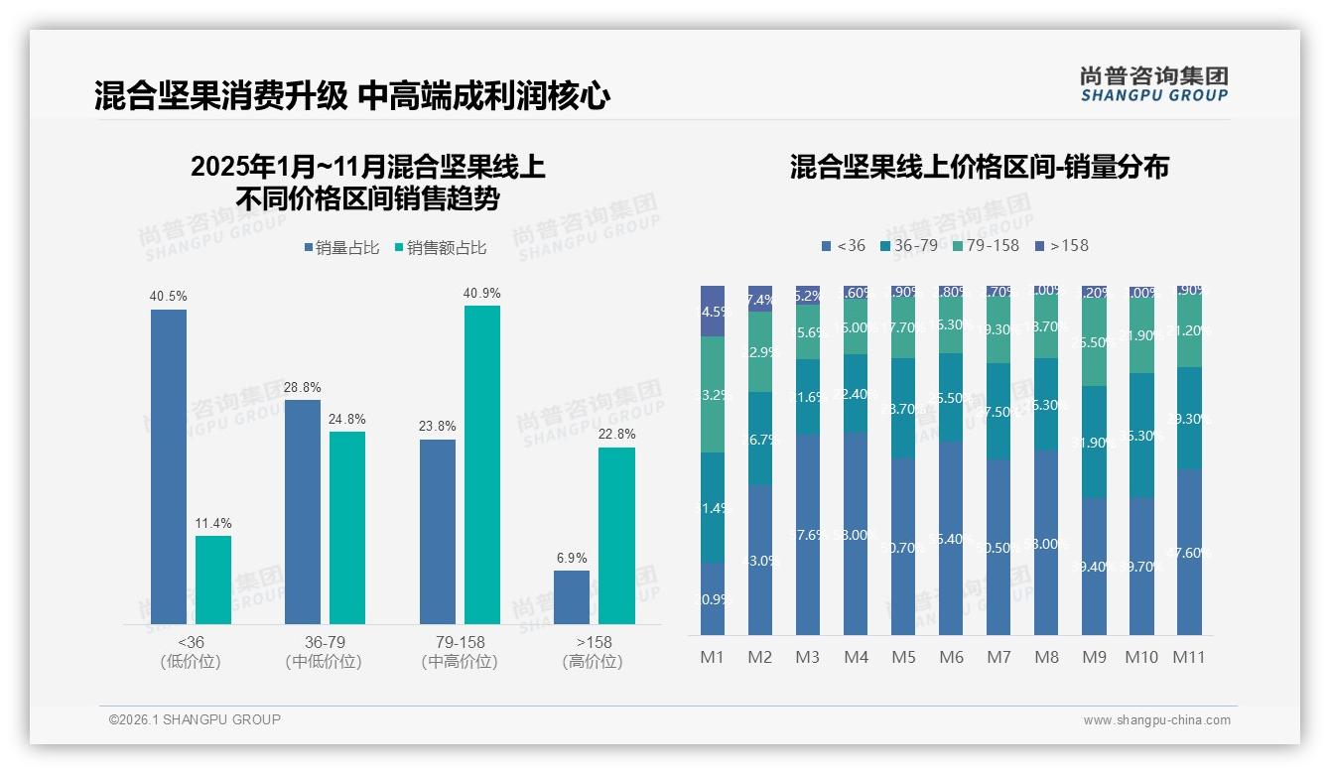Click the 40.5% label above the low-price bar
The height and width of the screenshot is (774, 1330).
[169, 296]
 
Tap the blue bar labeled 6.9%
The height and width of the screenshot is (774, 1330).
[572, 597]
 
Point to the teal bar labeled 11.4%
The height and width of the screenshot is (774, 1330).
[213, 580]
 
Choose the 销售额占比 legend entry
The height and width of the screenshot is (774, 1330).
[441, 248]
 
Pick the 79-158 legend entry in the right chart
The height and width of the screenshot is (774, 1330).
[985, 245]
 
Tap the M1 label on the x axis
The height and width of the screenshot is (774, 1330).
[713, 657]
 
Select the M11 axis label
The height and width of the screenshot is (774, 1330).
[1188, 657]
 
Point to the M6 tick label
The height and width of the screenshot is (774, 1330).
[951, 657]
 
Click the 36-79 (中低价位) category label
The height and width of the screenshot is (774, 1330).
[324, 652]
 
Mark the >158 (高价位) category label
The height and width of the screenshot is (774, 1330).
[593, 652]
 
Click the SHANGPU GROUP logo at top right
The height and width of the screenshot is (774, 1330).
[1153, 84]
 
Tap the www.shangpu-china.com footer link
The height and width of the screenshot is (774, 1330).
[1156, 720]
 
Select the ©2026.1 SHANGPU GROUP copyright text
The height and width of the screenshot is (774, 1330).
[195, 719]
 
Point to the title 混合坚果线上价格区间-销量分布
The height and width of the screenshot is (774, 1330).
[979, 167]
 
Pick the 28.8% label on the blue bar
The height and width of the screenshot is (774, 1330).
[303, 387]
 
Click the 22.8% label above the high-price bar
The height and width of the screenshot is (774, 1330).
[616, 435]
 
